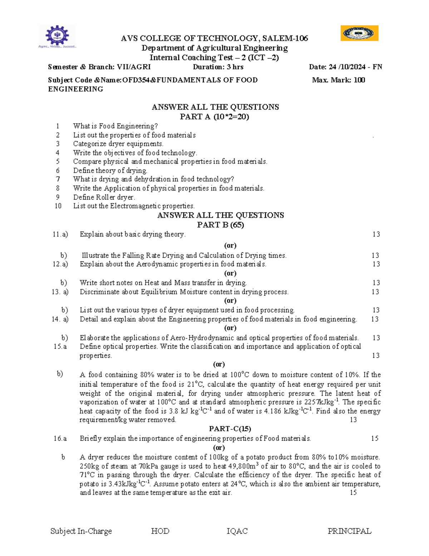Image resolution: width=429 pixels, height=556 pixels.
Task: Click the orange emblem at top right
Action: click(x=359, y=33)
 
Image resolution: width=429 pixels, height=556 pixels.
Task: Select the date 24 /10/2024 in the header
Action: click(x=347, y=67)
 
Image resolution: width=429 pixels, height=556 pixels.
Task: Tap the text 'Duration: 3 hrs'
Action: click(x=218, y=67)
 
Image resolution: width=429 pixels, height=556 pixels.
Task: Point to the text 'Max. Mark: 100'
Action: click(x=338, y=80)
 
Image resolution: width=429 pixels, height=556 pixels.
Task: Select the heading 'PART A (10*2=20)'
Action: click(x=214, y=117)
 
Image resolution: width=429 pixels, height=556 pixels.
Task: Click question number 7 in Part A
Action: click(x=58, y=179)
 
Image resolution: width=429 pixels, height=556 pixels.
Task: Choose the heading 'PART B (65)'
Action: click(x=220, y=225)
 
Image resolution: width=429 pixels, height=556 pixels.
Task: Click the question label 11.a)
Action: click(x=60, y=235)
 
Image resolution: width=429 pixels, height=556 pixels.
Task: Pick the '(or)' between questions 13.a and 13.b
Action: click(x=230, y=301)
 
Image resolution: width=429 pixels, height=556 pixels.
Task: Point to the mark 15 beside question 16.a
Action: click(x=374, y=439)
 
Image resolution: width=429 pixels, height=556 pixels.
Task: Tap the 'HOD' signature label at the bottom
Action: click(x=160, y=531)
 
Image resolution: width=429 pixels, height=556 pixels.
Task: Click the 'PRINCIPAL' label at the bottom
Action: click(x=349, y=531)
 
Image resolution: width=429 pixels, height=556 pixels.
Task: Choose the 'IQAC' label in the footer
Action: click(x=237, y=531)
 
